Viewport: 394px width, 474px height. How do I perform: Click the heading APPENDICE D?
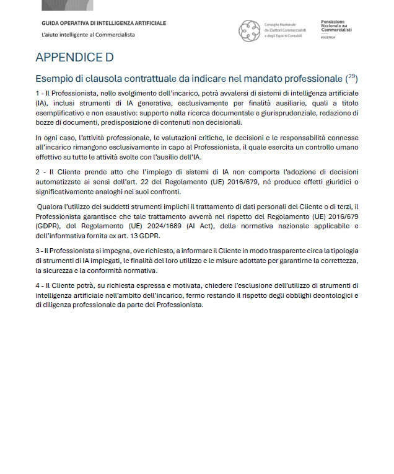tap(74, 58)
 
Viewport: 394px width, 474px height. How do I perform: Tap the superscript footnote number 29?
tap(352, 76)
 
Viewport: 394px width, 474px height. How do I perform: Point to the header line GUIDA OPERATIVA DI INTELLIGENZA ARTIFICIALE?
tap(103, 23)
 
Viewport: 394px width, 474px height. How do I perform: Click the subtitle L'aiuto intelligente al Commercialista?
tap(88, 35)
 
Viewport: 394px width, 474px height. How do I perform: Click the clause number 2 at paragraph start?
tap(37, 171)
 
